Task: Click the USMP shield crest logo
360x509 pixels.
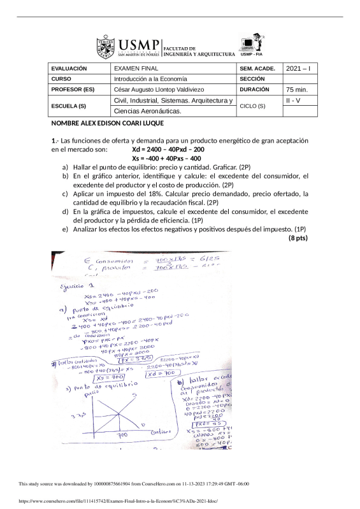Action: (x=105, y=47)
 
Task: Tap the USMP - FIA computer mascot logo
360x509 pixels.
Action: (x=251, y=43)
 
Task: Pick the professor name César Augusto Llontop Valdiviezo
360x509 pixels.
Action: (x=161, y=90)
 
